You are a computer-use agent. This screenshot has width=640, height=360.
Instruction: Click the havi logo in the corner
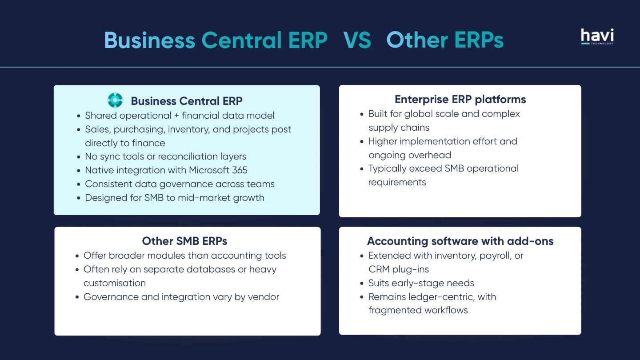point(597,36)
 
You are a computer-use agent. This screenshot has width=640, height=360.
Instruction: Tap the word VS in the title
point(357,40)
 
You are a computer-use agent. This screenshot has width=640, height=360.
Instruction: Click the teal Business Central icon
point(115,100)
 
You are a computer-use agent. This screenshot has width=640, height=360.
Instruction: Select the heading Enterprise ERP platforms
point(460,100)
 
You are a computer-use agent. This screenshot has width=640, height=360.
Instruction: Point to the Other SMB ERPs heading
point(184,241)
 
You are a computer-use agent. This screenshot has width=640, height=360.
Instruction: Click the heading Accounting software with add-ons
point(460,241)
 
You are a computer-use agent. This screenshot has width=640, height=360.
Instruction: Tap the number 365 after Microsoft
point(240,170)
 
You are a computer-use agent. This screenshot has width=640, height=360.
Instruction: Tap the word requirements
point(397,183)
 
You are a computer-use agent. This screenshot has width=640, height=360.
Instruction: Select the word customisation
point(115,283)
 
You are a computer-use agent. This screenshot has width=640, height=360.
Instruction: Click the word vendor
point(263,297)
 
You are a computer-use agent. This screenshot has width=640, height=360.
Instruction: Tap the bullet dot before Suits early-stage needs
point(362,284)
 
